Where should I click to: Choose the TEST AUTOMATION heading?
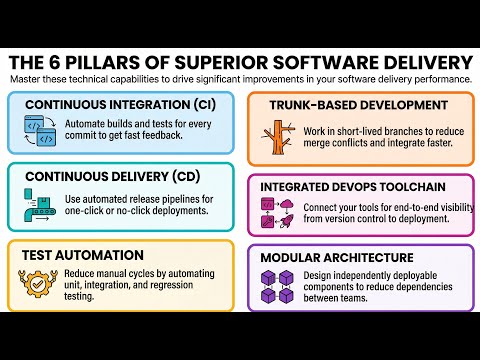tap(82, 255)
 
